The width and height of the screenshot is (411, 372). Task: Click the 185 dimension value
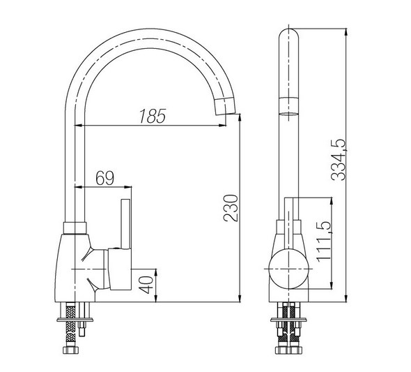pos(153,116)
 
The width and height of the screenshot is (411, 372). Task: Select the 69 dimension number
pos(105,178)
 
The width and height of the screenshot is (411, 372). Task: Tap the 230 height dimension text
pos(231,208)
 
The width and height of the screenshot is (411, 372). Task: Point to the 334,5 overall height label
pos(339,160)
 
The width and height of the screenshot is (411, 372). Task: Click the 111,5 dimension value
pos(324,241)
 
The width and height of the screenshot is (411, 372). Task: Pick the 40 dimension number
pos(146,285)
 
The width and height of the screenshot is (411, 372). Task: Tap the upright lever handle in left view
pos(125,223)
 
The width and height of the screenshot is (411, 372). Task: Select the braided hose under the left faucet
pos(70,325)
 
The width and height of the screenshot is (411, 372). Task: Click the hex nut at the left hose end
pos(70,350)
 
